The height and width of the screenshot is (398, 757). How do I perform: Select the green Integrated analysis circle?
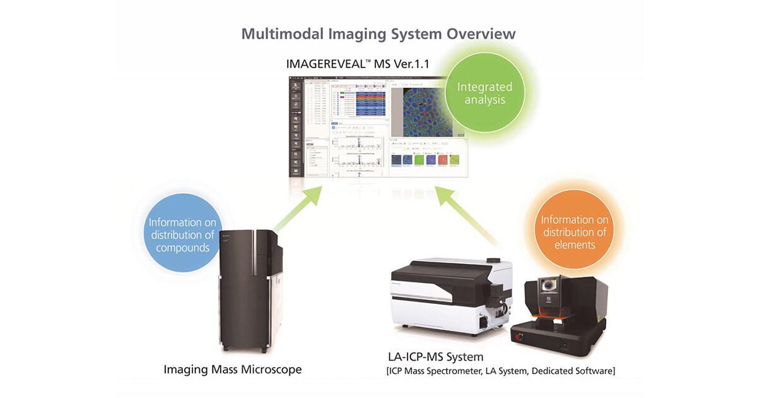pyautogui.click(x=484, y=93)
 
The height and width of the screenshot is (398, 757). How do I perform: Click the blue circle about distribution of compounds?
pyautogui.click(x=182, y=234)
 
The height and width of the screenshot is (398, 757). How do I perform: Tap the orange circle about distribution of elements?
pyautogui.click(x=574, y=232)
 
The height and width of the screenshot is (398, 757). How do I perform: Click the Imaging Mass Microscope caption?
pyautogui.click(x=232, y=369)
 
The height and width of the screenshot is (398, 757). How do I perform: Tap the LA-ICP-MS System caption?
pyautogui.click(x=435, y=357)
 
